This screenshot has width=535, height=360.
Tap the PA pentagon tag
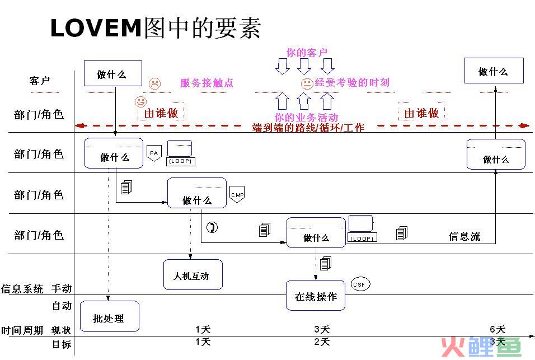pyautogui.click(x=153, y=153)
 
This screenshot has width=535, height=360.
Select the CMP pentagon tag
pyautogui.click(x=237, y=194)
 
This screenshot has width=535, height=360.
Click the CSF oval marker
pyautogui.click(x=360, y=284)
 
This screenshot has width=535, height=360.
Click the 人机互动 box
pyautogui.click(x=193, y=274)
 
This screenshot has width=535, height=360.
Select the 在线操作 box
pyautogui.click(x=316, y=296)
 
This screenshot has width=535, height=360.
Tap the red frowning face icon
pyautogui.click(x=154, y=84)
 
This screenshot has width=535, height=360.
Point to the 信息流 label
pyautogui.click(x=464, y=236)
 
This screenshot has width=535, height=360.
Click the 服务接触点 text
pyautogui.click(x=207, y=83)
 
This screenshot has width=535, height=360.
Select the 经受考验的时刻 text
pyautogui.click(x=352, y=82)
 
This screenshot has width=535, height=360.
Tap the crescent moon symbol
pyautogui.click(x=212, y=227)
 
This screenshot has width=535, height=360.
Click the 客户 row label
pyautogui.click(x=40, y=81)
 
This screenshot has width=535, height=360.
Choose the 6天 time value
pyautogui.click(x=497, y=329)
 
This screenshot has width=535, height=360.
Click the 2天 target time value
pyautogui.click(x=322, y=342)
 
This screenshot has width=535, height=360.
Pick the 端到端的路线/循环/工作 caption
pyautogui.click(x=308, y=128)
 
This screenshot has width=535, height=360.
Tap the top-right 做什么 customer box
pyautogui.click(x=494, y=71)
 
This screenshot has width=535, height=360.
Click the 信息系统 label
pyautogui.click(x=22, y=289)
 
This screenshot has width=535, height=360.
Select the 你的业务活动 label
pyautogui.click(x=306, y=118)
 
